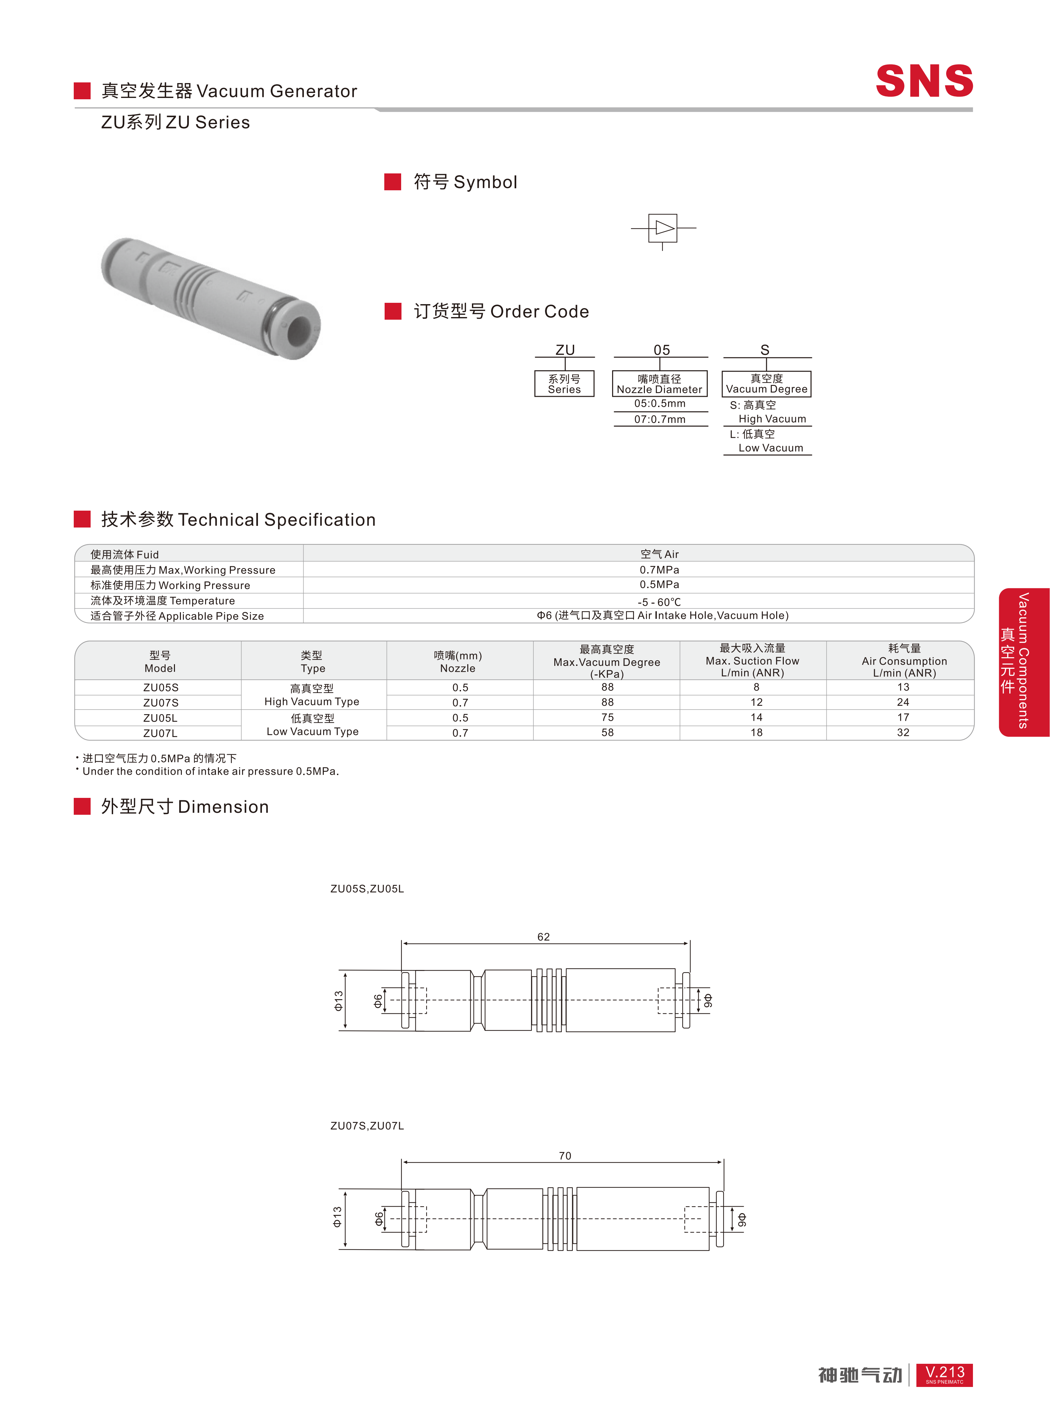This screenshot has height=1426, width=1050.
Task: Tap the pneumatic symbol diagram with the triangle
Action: coord(663,228)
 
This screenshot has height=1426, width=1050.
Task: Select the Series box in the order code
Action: coord(565,384)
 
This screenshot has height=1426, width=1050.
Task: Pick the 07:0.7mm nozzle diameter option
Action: coord(660,419)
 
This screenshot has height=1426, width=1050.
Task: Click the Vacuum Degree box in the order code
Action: coord(767,384)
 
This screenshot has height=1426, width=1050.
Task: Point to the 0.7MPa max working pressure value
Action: coord(659,570)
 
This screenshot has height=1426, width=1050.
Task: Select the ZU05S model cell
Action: coord(161,688)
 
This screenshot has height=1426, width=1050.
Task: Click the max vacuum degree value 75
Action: coord(608,717)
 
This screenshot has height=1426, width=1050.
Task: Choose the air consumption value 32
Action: coord(903,733)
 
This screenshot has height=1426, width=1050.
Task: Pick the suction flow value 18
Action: coord(756,733)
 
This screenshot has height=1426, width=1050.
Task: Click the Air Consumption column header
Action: coord(904,661)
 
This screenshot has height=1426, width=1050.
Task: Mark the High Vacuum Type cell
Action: coord(312,695)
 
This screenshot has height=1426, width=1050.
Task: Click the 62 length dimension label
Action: coord(543,937)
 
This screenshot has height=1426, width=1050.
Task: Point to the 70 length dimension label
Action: coord(565,1156)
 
